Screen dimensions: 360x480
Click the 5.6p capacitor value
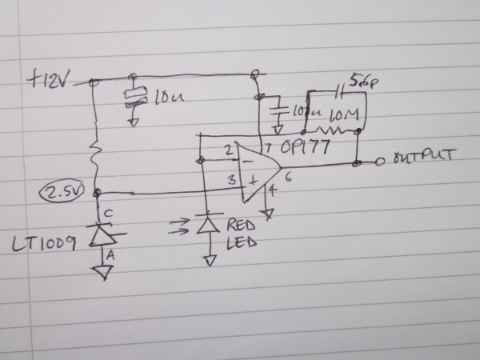coord(361,82)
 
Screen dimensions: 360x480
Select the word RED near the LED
coord(241,225)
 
